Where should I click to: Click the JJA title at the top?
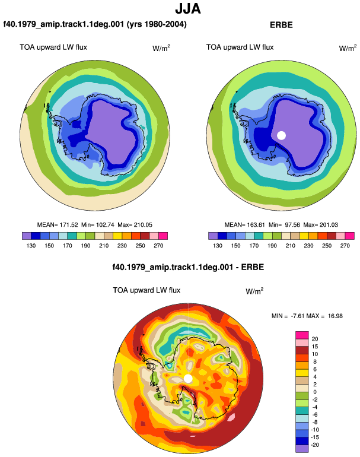pos(188,9)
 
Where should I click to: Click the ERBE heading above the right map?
pos(281,25)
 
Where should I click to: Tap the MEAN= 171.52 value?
pos(58,225)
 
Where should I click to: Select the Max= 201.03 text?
pos(320,225)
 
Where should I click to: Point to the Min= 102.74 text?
pos(98,225)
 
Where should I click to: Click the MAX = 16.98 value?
pos(324,316)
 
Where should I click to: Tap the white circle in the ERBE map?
pos(281,135)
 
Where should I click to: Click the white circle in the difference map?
pos(188,379)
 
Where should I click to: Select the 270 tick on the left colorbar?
pos(158,246)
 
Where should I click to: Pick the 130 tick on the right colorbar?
pos(218,246)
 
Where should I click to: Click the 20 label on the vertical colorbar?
pos(315,339)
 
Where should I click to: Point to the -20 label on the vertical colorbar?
pos(315,445)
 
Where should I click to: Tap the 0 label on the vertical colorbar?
pos(315,392)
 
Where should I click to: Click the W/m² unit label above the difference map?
pos(254,291)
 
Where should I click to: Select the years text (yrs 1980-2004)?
pos(157,24)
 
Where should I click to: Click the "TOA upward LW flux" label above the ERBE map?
pos(240,47)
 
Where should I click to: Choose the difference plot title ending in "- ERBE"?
pos(188,267)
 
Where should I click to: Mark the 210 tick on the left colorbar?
pos(104,246)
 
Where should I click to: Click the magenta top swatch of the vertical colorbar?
pos(302,335)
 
